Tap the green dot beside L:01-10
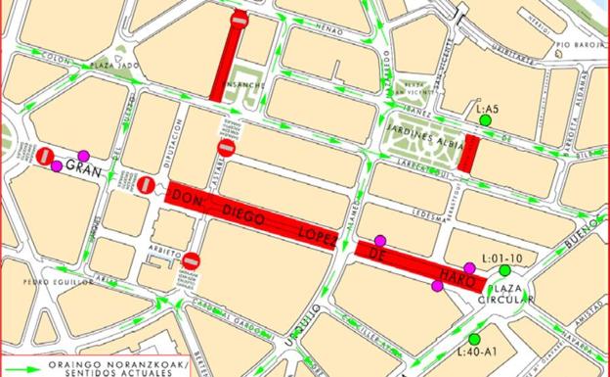pos(505,270)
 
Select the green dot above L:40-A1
pos(474,339)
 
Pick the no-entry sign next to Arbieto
pos(192,260)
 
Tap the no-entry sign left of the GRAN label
pos(44,156)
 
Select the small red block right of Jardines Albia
pos(470,154)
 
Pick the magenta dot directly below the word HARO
pos(436,286)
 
